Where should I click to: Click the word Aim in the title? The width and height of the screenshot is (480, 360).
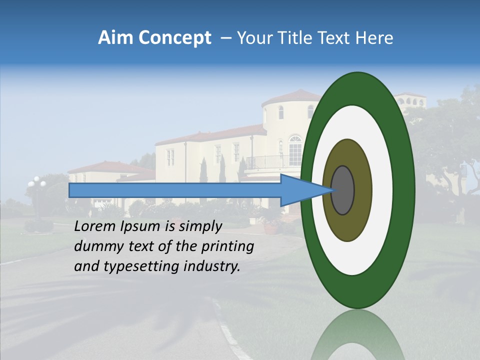pos(115,38)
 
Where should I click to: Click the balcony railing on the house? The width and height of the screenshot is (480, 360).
pos(265,162)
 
